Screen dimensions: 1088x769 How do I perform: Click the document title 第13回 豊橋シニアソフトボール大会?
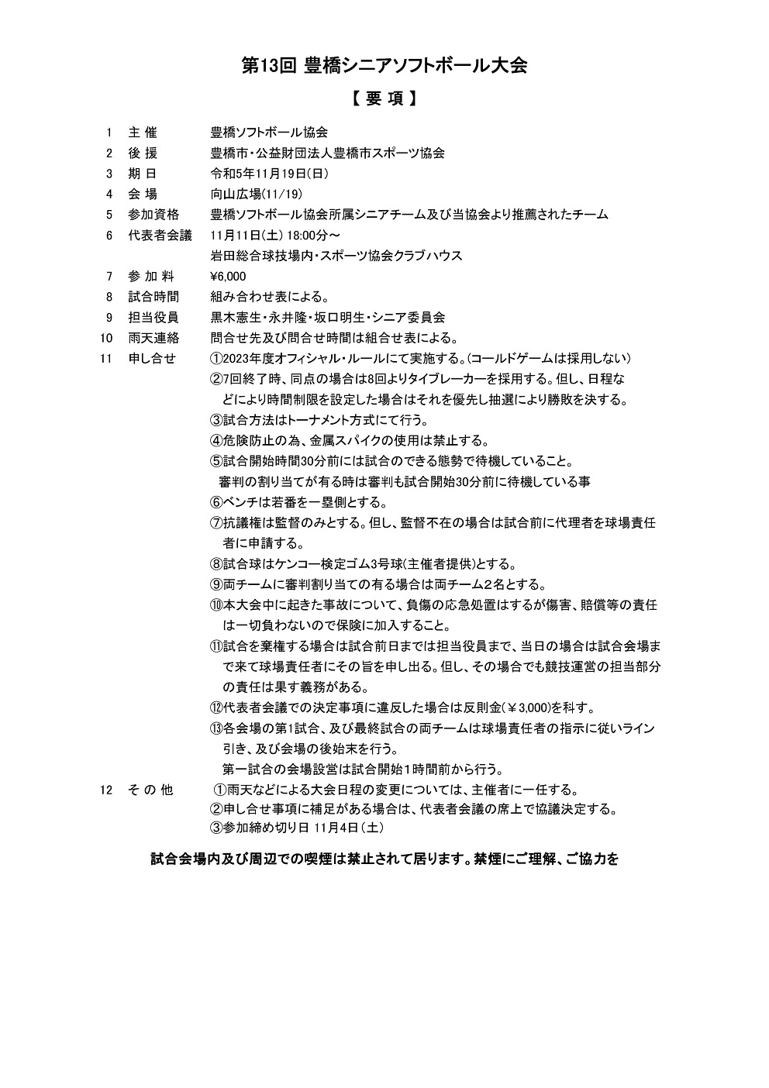tap(384, 66)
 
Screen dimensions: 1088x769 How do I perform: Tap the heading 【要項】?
tap(384, 100)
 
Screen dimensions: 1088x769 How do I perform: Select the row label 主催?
tap(143, 133)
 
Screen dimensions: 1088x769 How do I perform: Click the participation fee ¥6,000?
tap(228, 277)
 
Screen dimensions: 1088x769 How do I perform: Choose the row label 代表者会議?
tap(160, 235)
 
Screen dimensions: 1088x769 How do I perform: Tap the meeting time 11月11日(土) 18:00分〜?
tap(274, 235)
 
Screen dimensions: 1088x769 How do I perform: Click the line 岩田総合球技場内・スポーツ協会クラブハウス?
tap(336, 256)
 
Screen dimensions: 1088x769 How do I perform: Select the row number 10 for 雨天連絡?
tap(107, 338)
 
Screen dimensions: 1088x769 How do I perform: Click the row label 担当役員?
tap(153, 318)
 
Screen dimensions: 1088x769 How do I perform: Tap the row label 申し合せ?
tap(152, 359)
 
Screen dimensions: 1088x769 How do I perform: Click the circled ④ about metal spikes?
tap(216, 441)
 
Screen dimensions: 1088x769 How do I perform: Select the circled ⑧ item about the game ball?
tap(216, 564)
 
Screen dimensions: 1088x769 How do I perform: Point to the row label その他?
tap(150, 790)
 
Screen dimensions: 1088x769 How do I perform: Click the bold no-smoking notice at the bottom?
tap(384, 859)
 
